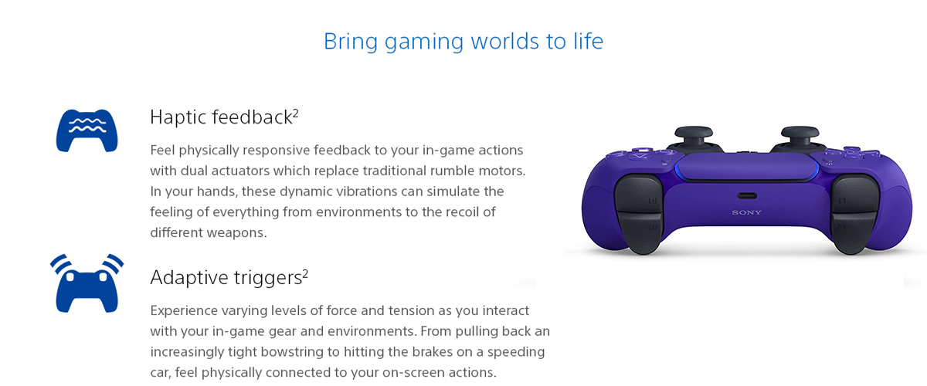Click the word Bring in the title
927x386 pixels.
(351, 42)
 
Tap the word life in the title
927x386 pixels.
(588, 41)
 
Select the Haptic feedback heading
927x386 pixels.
(224, 117)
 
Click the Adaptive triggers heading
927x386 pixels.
(229, 277)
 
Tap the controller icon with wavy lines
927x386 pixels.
(87, 130)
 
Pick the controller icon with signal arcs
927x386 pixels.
(87, 284)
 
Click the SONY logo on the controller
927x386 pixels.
(746, 212)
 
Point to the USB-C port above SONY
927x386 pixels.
(747, 195)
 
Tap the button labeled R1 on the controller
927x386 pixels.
(639, 195)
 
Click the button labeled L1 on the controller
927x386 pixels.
(855, 195)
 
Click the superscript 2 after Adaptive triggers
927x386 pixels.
(305, 273)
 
